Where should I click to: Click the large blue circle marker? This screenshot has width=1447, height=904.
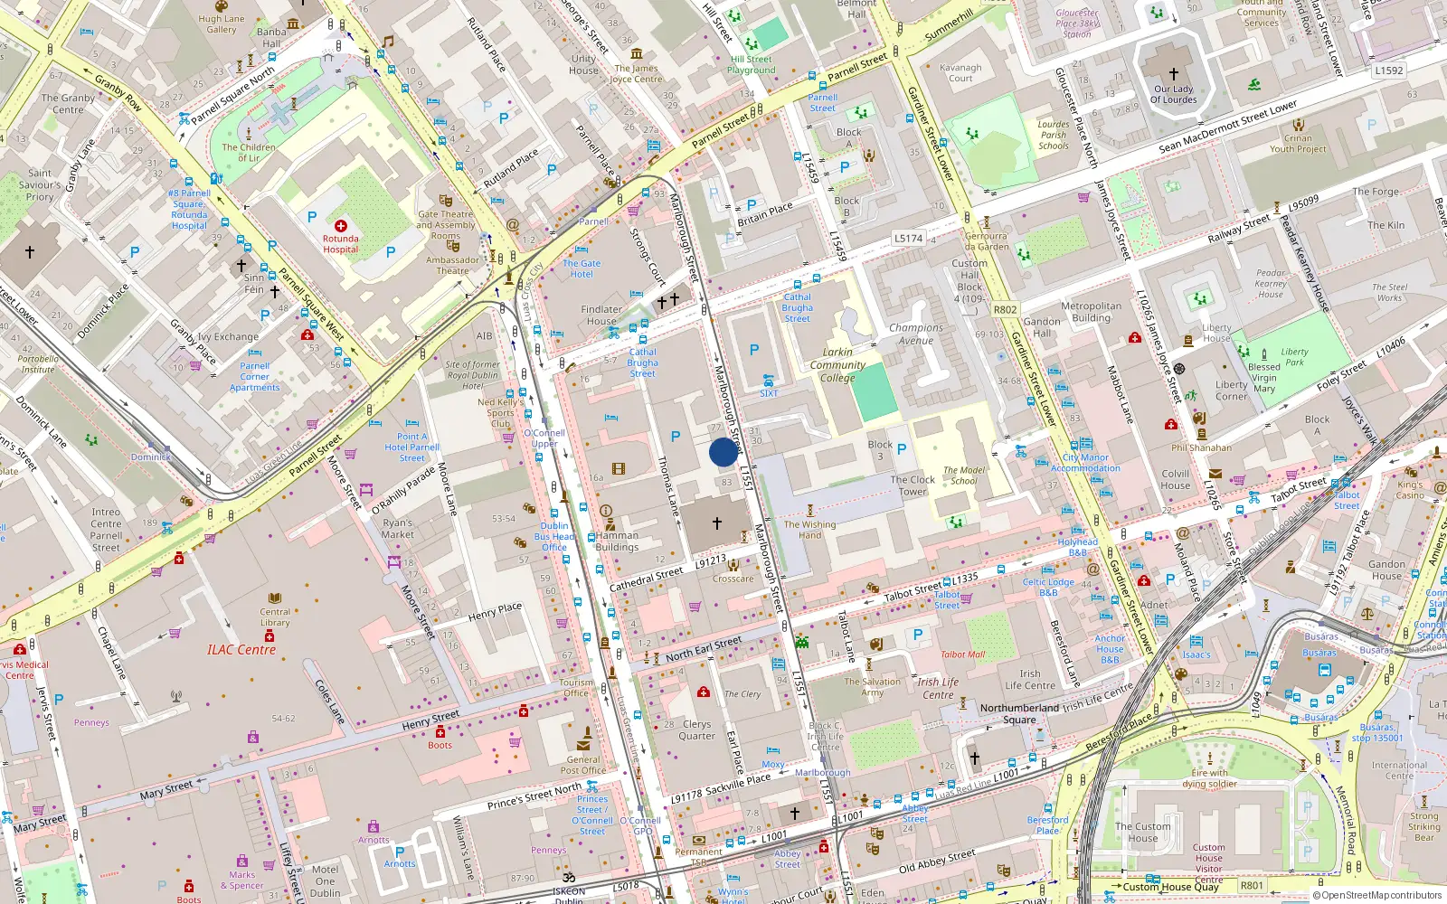[x=723, y=452]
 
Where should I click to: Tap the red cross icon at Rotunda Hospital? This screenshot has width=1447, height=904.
[x=341, y=226]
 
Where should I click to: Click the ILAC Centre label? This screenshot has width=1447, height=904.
[x=241, y=650]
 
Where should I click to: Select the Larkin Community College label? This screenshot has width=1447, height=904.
[x=837, y=365]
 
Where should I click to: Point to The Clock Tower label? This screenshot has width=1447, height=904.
[x=913, y=485]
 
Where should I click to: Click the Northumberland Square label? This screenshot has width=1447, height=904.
[x=1019, y=713]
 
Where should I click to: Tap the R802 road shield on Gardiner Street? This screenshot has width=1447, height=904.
[x=1005, y=309]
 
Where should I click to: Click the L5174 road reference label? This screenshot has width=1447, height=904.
[x=908, y=239]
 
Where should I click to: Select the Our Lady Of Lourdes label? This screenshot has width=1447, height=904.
[x=1174, y=94]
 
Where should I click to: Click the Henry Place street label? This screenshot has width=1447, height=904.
[x=495, y=612]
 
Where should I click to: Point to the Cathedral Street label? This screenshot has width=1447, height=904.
[x=646, y=579]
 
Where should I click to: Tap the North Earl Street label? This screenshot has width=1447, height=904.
[x=703, y=648]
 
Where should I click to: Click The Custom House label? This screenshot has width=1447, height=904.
[x=1142, y=832]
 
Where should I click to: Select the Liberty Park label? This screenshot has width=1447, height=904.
[x=1294, y=357]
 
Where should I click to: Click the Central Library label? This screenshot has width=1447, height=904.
[x=275, y=617]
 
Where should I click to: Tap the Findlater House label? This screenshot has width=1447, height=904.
[x=601, y=315]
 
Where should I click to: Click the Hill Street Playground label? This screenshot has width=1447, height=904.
[x=752, y=64]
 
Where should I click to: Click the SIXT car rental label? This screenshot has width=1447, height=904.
[x=769, y=393]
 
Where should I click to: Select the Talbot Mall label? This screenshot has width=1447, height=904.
[x=962, y=654]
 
